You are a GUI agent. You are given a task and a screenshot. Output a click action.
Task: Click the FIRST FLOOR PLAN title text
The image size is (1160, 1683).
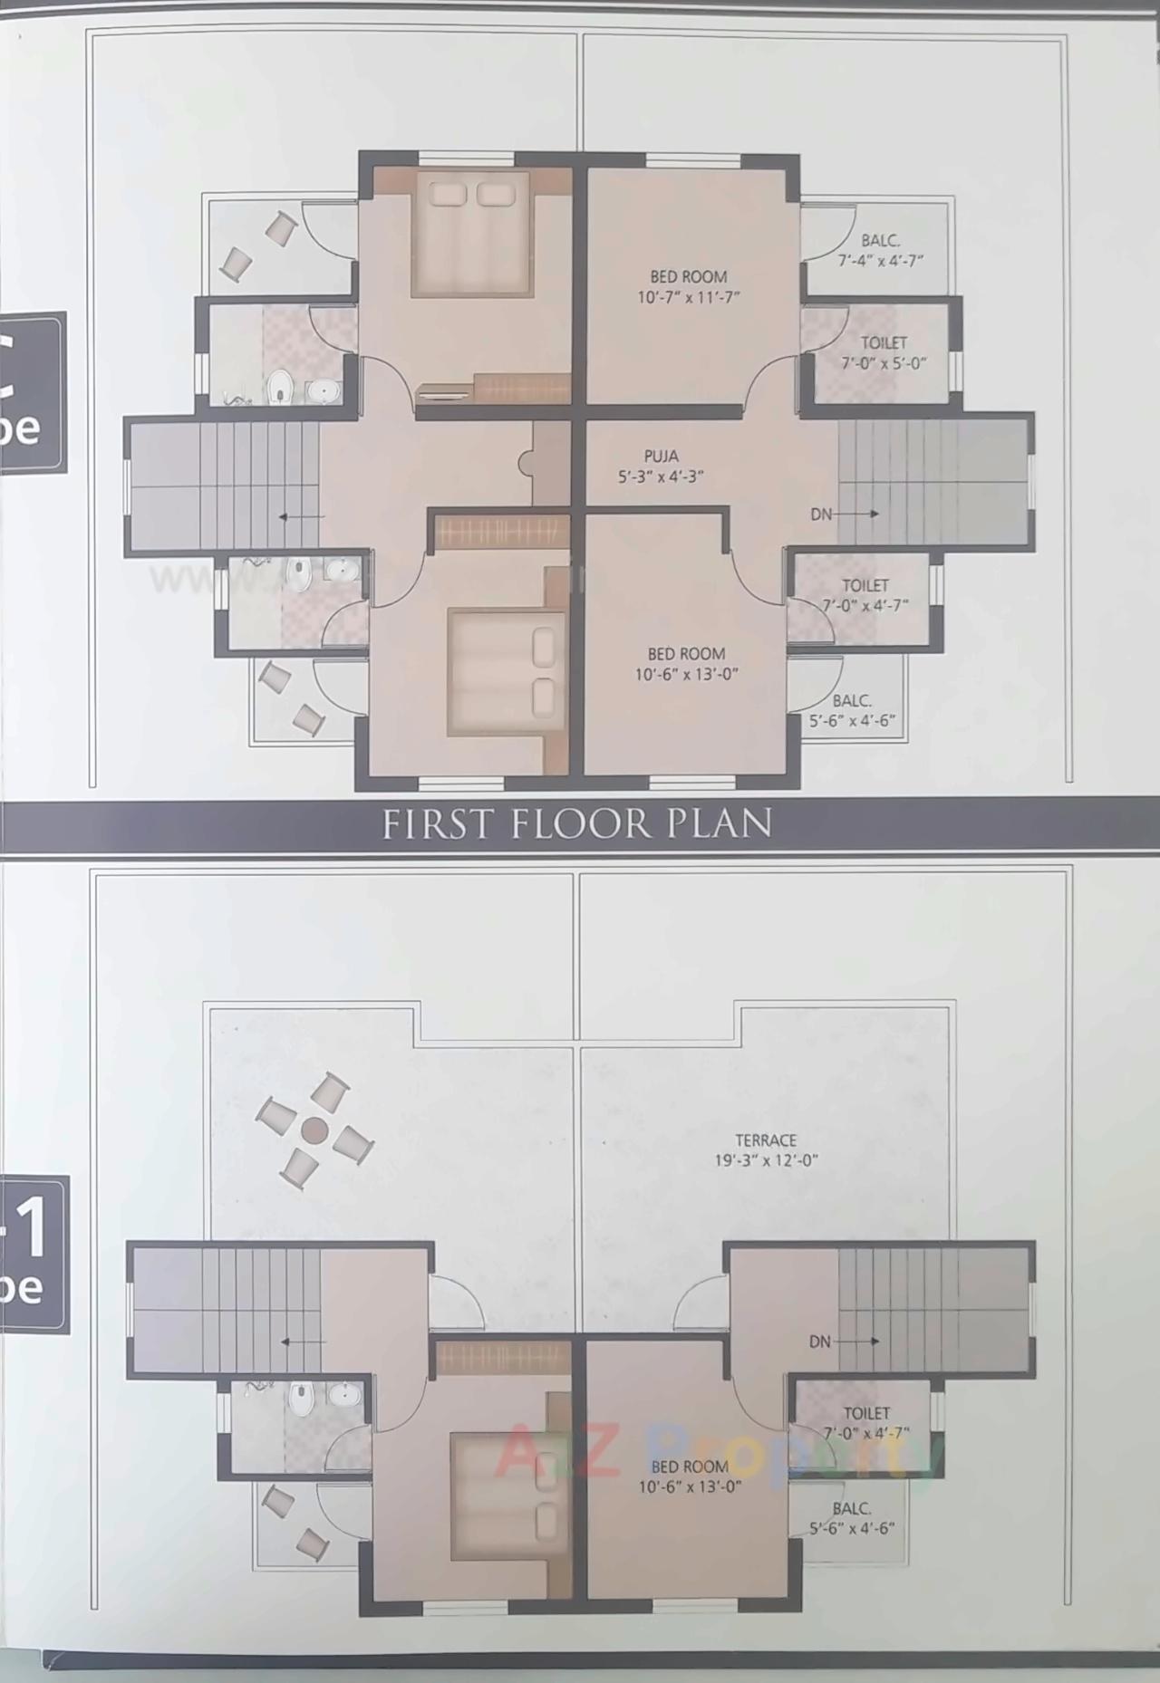click(577, 823)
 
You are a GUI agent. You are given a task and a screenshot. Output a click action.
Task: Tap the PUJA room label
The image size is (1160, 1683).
click(661, 456)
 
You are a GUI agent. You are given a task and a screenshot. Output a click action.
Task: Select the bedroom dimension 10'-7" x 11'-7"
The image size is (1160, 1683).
click(688, 297)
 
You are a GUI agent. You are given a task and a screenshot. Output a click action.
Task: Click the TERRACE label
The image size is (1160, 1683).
click(766, 1140)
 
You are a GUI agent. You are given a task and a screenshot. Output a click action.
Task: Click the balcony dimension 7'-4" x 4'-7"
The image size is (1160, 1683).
click(879, 261)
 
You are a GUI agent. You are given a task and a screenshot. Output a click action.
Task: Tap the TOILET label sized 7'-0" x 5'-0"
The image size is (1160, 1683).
click(884, 342)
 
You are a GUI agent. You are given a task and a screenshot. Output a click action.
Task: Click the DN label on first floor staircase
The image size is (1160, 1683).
click(821, 514)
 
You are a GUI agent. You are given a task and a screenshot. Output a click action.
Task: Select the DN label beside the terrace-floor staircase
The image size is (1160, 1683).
click(819, 1342)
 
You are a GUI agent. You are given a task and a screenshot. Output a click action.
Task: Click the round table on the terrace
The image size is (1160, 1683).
click(314, 1130)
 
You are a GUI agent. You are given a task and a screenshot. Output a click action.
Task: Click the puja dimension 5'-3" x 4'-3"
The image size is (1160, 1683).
click(661, 476)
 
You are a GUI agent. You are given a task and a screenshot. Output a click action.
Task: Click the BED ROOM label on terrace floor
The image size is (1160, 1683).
click(690, 1467)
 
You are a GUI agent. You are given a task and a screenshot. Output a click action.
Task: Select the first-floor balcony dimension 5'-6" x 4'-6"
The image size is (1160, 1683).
click(852, 721)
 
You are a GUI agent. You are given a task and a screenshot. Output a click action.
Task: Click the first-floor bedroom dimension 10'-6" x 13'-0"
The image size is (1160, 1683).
click(686, 674)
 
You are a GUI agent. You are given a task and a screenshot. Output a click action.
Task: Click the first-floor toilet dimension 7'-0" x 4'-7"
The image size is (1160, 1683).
click(865, 605)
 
